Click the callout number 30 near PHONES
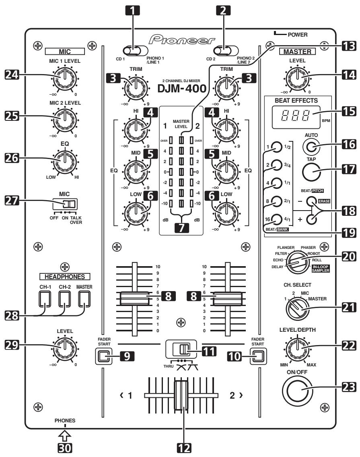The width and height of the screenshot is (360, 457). [x=65, y=448]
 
